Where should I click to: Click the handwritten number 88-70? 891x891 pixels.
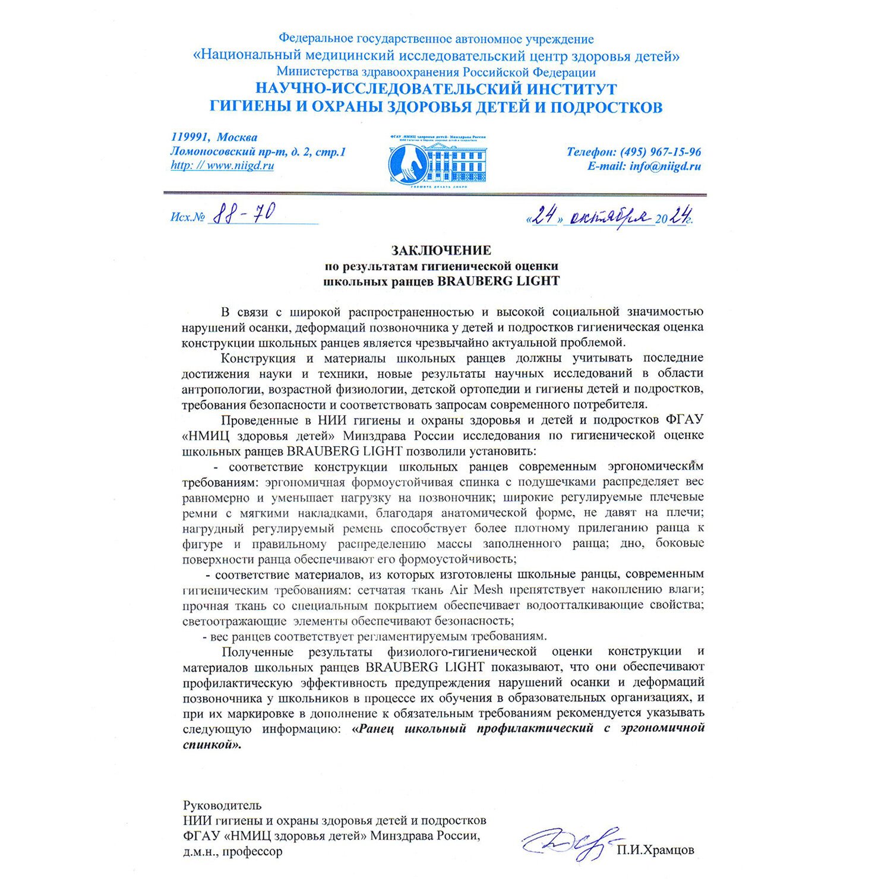pos(243,214)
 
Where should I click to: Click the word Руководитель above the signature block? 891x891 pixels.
pos(222,806)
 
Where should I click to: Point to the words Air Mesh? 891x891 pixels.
pos(476,590)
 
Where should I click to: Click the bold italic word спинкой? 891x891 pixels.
pos(212,744)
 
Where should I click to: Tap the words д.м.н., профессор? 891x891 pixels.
pos(233,852)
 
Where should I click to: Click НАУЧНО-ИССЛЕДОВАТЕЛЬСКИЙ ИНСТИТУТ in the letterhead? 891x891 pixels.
pos(436,90)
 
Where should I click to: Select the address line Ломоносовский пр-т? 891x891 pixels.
pos(229,152)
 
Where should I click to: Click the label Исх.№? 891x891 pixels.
pos(188,217)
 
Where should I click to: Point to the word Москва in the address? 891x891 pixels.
pos(237,138)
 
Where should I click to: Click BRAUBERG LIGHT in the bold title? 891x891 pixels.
pos(498,281)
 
